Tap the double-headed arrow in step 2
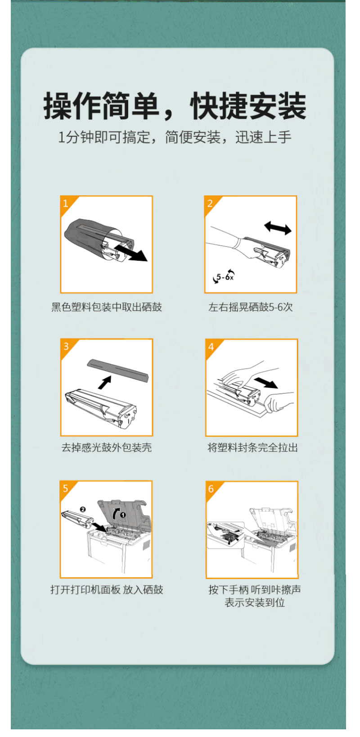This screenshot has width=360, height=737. [x=278, y=228]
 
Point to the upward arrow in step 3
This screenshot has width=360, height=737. [x=105, y=382]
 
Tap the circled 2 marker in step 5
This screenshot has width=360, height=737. [x=83, y=509]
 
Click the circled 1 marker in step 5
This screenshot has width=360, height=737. [x=123, y=515]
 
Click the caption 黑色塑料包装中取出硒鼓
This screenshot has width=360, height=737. [x=107, y=307]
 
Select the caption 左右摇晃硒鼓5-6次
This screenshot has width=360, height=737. [x=251, y=307]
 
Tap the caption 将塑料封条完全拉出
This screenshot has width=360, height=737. [x=252, y=448]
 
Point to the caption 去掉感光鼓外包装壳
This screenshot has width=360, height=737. [x=107, y=448]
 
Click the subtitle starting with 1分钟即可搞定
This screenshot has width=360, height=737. [x=175, y=137]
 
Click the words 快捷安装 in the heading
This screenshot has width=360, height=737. [x=248, y=106]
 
